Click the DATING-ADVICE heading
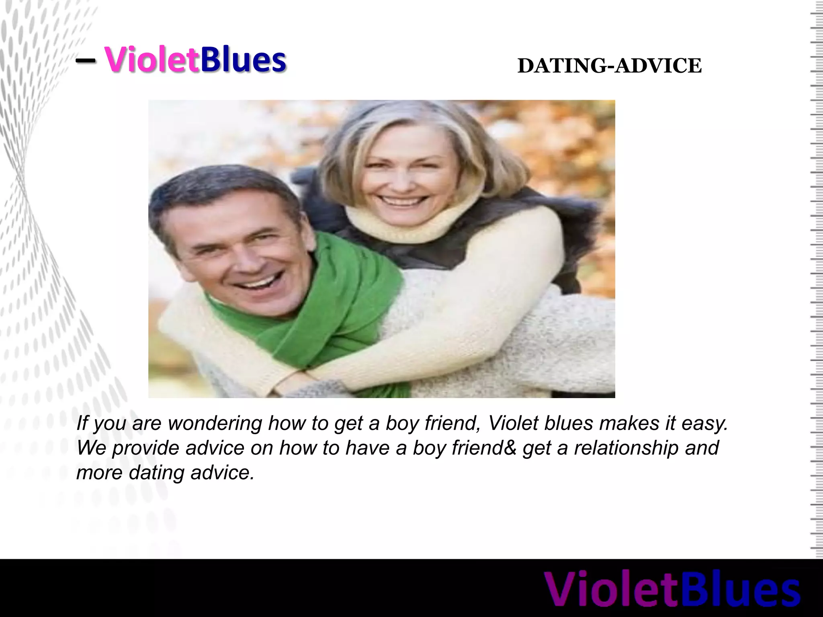(609, 66)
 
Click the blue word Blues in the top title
(243, 60)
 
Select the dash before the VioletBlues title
(85, 61)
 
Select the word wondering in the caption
(215, 423)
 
